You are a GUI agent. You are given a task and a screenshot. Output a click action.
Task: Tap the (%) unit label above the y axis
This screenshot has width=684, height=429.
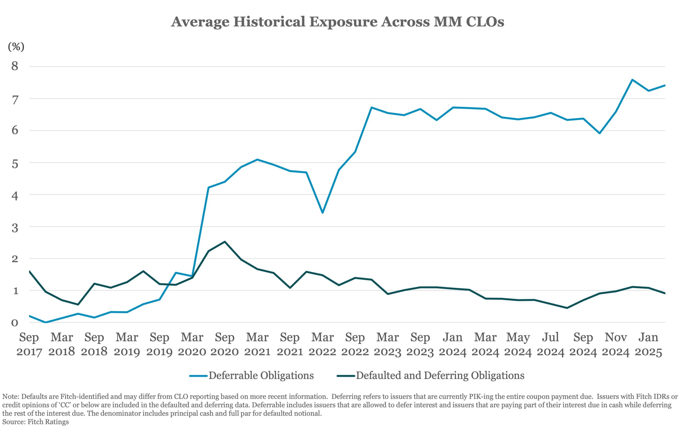tap(16, 47)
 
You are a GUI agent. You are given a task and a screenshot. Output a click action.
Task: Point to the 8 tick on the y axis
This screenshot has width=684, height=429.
tap(15, 66)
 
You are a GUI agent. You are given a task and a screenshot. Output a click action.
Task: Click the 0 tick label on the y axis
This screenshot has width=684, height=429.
tap(15, 323)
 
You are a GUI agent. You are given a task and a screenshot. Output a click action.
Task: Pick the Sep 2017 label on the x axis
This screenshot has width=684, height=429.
tap(29, 345)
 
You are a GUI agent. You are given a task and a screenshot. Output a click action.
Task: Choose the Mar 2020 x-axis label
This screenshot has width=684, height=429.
tap(192, 345)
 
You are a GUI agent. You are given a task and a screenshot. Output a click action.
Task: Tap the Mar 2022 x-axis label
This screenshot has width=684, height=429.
tap(322, 345)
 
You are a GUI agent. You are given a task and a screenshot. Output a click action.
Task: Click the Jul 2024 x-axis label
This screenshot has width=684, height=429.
tap(550, 345)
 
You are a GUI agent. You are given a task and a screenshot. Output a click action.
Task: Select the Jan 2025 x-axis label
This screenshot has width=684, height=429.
tap(648, 345)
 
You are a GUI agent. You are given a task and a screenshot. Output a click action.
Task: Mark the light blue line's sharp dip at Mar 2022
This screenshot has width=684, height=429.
tap(322, 212)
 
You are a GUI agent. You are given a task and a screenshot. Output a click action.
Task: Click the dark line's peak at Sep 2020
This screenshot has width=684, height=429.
tap(225, 242)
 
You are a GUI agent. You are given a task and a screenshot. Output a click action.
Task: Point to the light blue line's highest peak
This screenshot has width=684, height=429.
tap(632, 80)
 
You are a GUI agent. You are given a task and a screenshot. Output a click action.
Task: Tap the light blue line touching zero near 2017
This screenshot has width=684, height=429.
tap(45, 322)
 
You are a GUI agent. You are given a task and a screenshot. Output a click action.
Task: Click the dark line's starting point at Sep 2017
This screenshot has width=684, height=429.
tap(29, 271)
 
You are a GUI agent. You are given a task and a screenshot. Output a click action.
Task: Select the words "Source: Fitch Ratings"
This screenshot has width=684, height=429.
tap(36, 422)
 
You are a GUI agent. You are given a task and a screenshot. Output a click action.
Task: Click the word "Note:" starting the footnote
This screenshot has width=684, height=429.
tap(11, 396)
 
